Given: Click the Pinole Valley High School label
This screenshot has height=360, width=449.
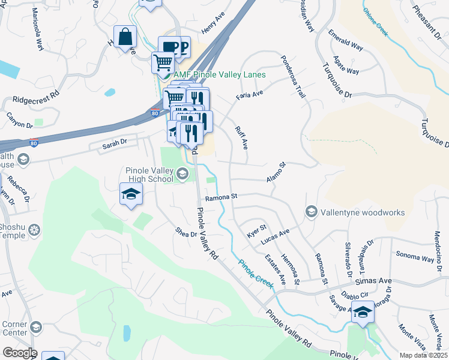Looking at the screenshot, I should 148,175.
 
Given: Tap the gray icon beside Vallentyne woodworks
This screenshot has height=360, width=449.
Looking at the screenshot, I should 311,212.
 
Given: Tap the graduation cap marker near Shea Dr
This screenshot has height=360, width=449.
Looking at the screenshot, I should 130,194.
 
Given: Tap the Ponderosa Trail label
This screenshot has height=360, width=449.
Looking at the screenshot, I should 292,76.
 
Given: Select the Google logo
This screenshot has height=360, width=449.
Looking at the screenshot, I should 19,353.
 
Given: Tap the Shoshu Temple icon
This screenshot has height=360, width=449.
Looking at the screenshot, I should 34,230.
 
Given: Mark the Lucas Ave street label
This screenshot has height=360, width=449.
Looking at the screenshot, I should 275,236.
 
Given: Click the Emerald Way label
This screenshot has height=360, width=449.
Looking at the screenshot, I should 345,41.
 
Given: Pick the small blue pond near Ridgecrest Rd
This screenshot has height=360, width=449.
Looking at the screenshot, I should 109,92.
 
